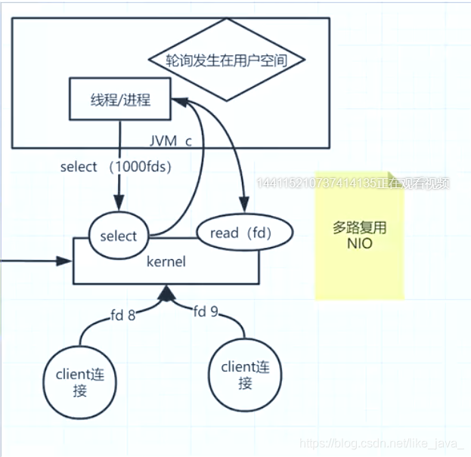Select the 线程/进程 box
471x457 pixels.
pyautogui.click(x=119, y=99)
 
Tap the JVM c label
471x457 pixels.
pyautogui.click(x=171, y=141)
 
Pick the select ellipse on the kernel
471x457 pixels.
pyautogui.click(x=119, y=236)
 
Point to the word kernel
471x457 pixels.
pyautogui.click(x=166, y=261)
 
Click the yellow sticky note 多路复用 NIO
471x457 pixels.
pyautogui.click(x=360, y=234)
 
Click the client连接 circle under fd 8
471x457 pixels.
pyautogui.click(x=80, y=382)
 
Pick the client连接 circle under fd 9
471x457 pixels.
pyautogui.click(x=245, y=375)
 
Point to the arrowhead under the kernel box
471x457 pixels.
pyautogui.click(x=166, y=292)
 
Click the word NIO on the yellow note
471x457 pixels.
pyautogui.click(x=360, y=244)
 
